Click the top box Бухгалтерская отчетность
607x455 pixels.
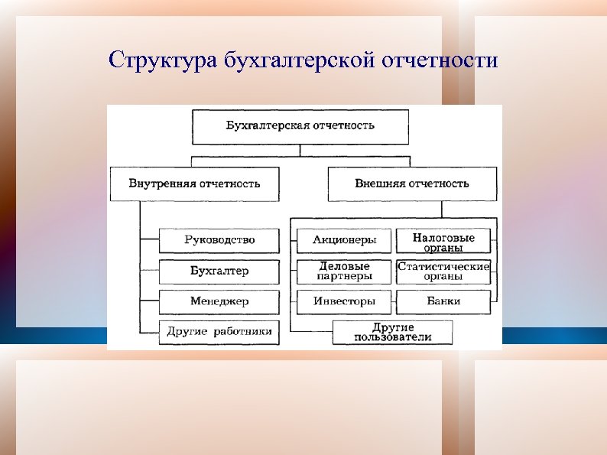pyautogui.click(x=300, y=127)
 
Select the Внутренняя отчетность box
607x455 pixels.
pyautogui.click(x=194, y=184)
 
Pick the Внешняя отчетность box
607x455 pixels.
pyautogui.click(x=412, y=184)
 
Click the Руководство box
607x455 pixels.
pyautogui.click(x=219, y=240)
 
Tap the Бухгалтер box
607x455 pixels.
pyautogui.click(x=219, y=271)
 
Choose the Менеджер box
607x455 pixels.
pyautogui.click(x=219, y=301)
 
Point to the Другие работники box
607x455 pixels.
pyautogui.click(x=219, y=332)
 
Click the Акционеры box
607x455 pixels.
pyautogui.click(x=344, y=240)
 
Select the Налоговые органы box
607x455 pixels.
pyautogui.click(x=443, y=241)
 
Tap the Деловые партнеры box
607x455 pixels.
pyautogui.click(x=344, y=271)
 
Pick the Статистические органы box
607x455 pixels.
pyautogui.click(x=443, y=271)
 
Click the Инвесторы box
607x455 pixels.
pyautogui.click(x=344, y=301)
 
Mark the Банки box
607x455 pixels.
pyautogui.click(x=443, y=301)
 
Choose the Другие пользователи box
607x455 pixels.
pyautogui.click(x=393, y=332)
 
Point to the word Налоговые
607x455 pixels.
pyautogui.click(x=443, y=237)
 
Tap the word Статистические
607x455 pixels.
pyautogui.click(x=443, y=266)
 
